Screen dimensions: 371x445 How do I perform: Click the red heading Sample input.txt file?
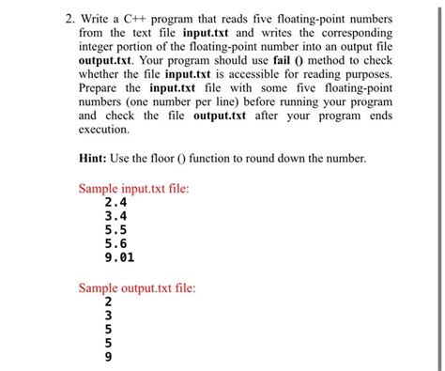133,188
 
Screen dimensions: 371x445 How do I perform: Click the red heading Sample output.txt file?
137,287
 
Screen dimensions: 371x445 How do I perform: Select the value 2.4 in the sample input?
116,202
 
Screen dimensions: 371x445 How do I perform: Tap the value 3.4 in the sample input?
116,215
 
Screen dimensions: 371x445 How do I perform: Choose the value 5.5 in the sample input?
116,228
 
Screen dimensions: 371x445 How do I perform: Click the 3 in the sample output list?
108,316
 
